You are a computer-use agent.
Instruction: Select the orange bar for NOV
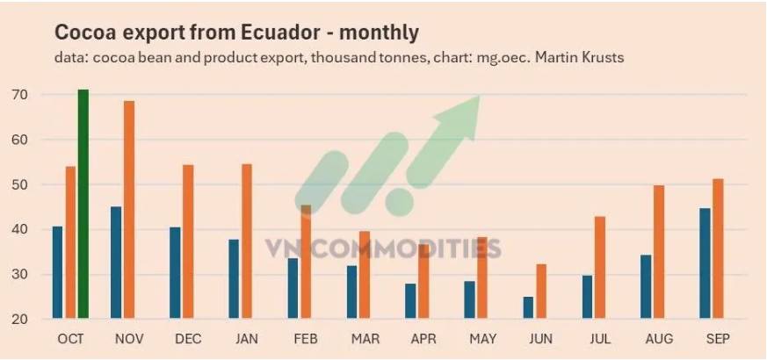click(x=129, y=210)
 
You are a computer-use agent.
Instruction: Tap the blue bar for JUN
click(x=528, y=307)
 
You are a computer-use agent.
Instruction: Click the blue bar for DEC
click(x=175, y=273)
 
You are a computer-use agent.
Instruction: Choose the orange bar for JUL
click(x=600, y=267)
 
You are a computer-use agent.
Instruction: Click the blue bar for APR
click(x=410, y=301)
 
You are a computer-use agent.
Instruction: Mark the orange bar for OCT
click(x=70, y=242)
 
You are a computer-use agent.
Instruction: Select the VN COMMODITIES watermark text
click(x=383, y=248)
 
